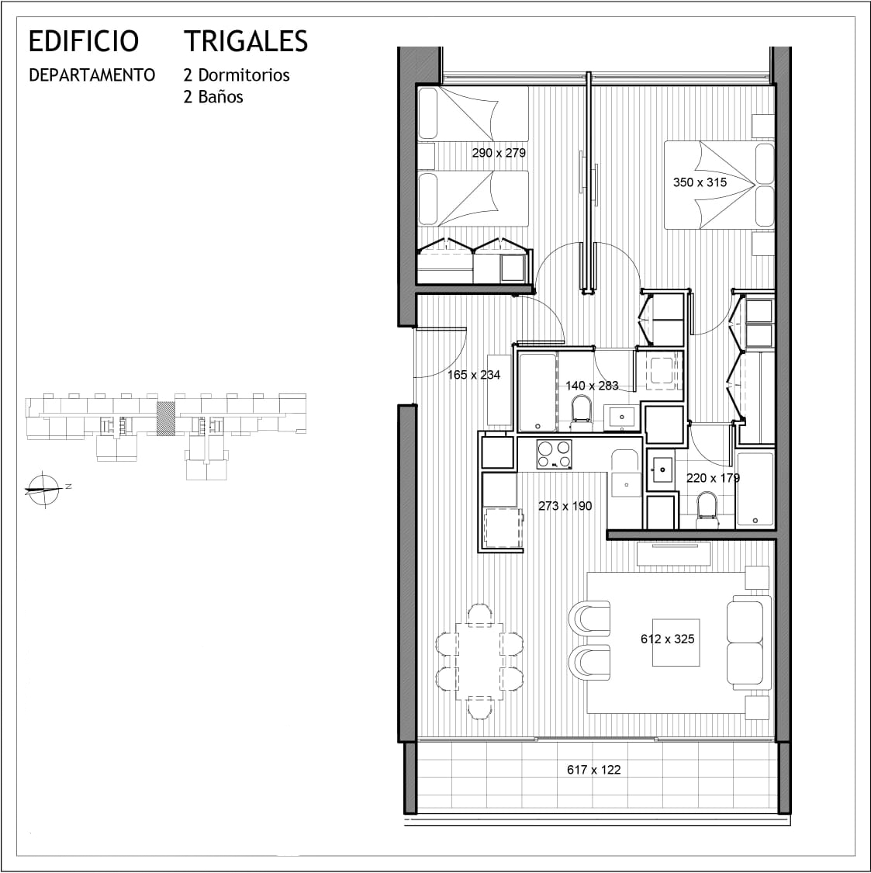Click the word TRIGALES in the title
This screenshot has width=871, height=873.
pos(246,41)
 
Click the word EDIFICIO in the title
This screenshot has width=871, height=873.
pos(84,41)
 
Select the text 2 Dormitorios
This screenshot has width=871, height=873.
pos(237,75)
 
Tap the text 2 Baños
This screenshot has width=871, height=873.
pos(213,97)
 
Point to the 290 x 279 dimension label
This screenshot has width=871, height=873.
pos(499,153)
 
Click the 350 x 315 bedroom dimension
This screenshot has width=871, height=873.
pos(700,182)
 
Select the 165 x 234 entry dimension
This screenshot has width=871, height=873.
pos(474,375)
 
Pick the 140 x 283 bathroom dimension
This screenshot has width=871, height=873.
pos(592,386)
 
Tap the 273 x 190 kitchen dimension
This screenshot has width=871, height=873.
pos(565,506)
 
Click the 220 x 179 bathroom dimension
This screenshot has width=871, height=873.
pos(713,478)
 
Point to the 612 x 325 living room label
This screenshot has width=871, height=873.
pos(668,639)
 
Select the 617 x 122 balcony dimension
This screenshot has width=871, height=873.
pos(593,770)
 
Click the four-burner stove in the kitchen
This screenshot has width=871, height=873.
pos(555,454)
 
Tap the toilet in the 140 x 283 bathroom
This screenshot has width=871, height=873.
pos(581,411)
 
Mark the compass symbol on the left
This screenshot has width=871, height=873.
pos(44,490)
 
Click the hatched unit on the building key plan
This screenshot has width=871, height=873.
pos(164,417)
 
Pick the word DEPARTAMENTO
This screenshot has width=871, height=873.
pos(92,75)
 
